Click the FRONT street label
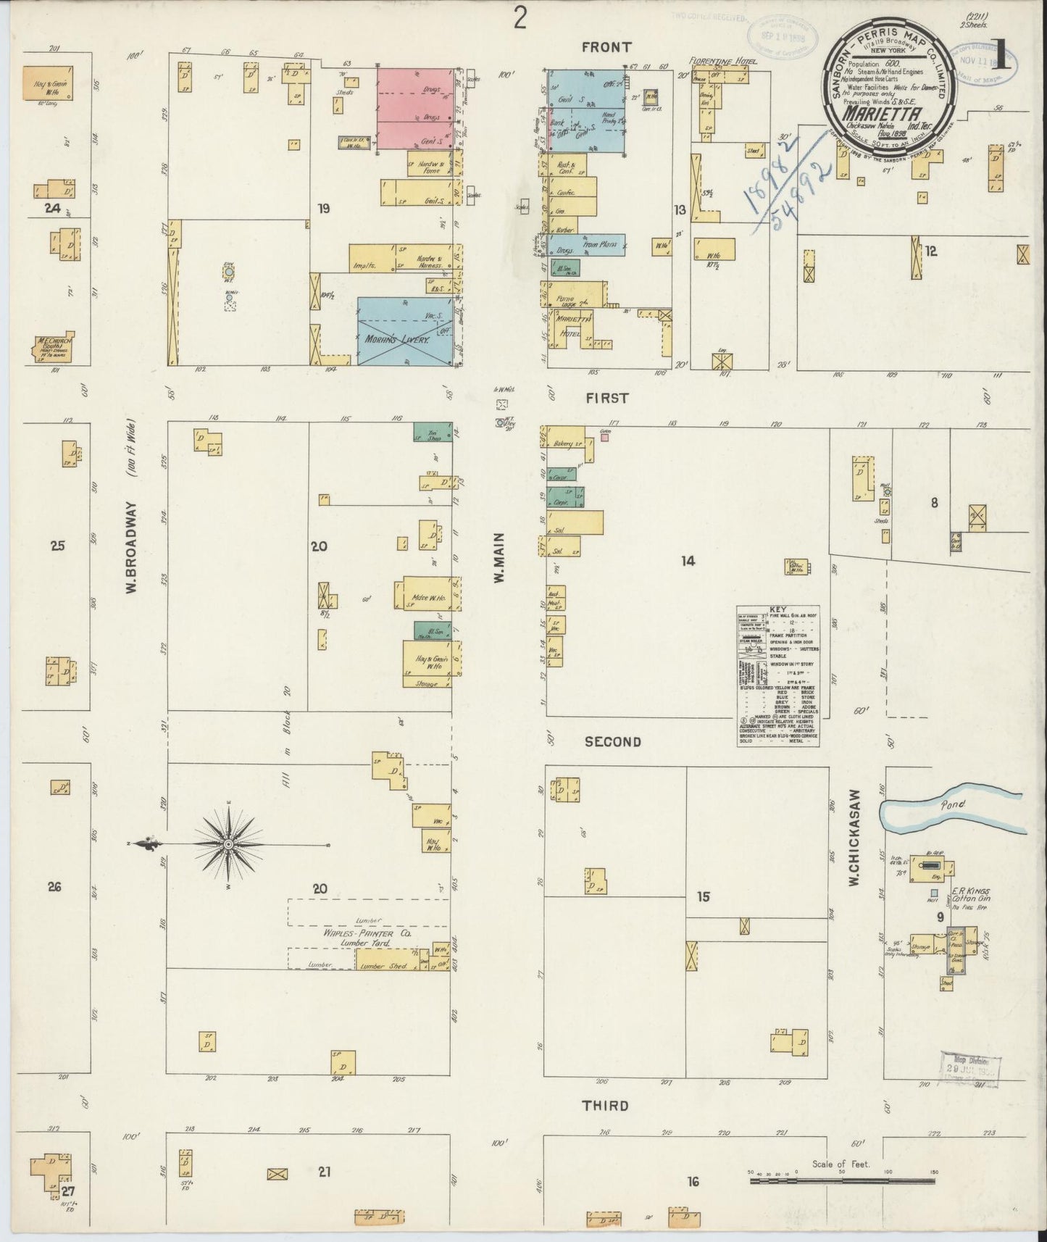click(606, 47)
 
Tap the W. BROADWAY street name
click(132, 507)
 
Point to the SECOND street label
click(613, 741)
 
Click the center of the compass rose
click(229, 844)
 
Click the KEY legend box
click(778, 675)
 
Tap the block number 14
click(688, 560)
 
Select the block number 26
click(54, 885)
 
